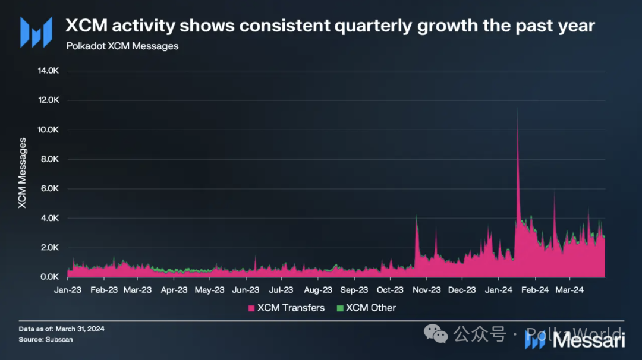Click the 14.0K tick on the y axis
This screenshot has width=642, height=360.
[x=48, y=71]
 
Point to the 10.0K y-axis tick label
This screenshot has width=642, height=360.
[x=48, y=130]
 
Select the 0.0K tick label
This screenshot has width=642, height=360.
[x=50, y=277]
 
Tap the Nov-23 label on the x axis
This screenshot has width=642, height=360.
[x=426, y=290]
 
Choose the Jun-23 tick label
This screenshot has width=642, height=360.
[x=246, y=290]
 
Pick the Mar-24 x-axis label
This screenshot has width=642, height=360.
[x=569, y=290]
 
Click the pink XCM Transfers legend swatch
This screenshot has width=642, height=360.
[x=251, y=308]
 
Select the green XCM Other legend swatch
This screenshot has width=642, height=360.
[x=340, y=308]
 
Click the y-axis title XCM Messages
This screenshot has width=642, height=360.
[x=23, y=173]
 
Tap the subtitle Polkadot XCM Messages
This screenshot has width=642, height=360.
[x=122, y=46]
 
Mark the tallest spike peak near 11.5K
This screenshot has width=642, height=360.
[x=518, y=108]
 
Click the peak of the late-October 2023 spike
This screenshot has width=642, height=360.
[x=416, y=215]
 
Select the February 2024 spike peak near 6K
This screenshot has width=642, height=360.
[x=554, y=190]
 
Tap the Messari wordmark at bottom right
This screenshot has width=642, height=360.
[x=589, y=340]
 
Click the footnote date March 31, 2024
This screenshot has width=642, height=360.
[x=77, y=329]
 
